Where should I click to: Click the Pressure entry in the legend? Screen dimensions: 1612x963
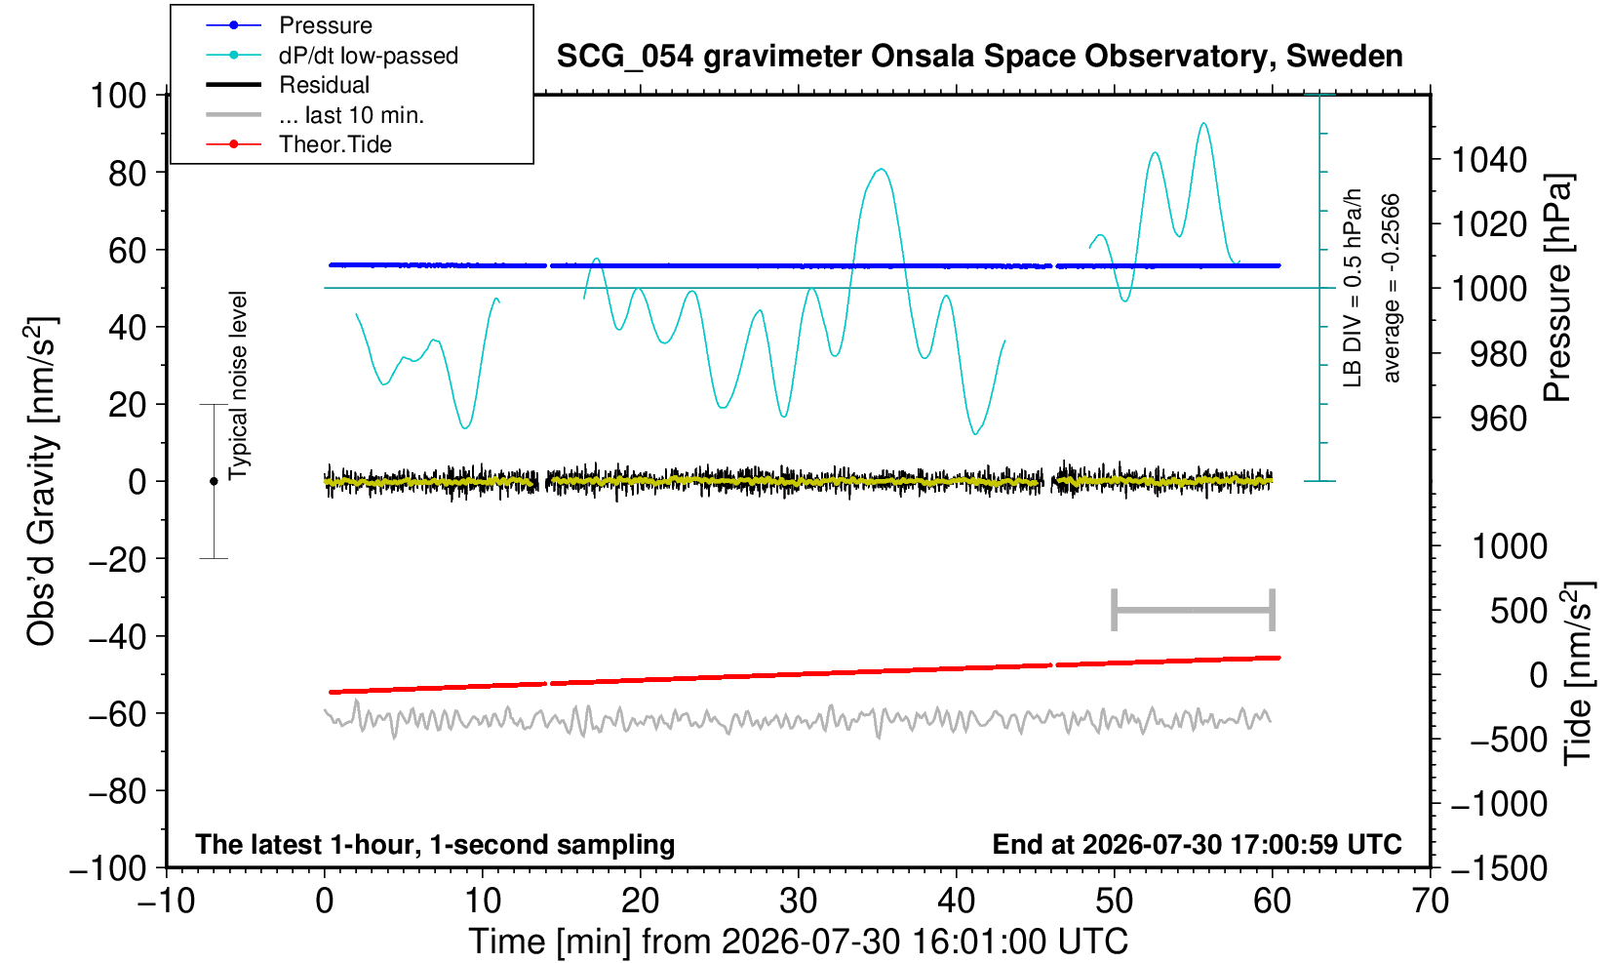pyautogui.click(x=326, y=26)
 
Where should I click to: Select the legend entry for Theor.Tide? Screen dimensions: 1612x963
pyautogui.click(x=335, y=144)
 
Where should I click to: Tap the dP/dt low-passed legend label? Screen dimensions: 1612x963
pyautogui.click(x=369, y=56)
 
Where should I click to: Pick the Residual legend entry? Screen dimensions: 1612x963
pyautogui.click(x=324, y=85)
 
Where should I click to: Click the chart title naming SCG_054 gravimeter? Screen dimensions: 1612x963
pyautogui.click(x=979, y=57)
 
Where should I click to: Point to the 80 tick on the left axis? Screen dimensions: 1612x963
pyautogui.click(x=128, y=174)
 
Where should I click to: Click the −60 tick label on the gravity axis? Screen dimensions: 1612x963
pyautogui.click(x=118, y=714)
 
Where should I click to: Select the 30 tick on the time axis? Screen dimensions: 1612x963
pyautogui.click(x=798, y=902)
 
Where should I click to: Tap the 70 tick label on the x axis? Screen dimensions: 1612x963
pyautogui.click(x=1430, y=902)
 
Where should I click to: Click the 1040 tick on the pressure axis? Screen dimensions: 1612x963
pyautogui.click(x=1489, y=160)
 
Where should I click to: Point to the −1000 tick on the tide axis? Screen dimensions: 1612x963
pyautogui.click(x=1499, y=804)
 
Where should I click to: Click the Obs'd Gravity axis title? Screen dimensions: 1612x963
pyautogui.click(x=41, y=481)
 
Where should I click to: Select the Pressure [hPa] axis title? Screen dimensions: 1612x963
pyautogui.click(x=1558, y=288)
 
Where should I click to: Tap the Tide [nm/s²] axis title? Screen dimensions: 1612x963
pyautogui.click(x=1578, y=674)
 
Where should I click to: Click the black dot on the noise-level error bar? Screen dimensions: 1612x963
pyautogui.click(x=214, y=481)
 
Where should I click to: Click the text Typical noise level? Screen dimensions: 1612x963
pyautogui.click(x=238, y=386)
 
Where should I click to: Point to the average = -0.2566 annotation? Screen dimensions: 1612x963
pyautogui.click(x=1391, y=288)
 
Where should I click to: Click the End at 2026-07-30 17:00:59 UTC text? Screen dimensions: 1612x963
pyautogui.click(x=1197, y=844)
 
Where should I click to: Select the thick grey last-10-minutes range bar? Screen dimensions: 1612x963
pyautogui.click(x=1194, y=610)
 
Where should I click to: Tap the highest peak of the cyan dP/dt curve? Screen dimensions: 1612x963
pyautogui.click(x=1203, y=123)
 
